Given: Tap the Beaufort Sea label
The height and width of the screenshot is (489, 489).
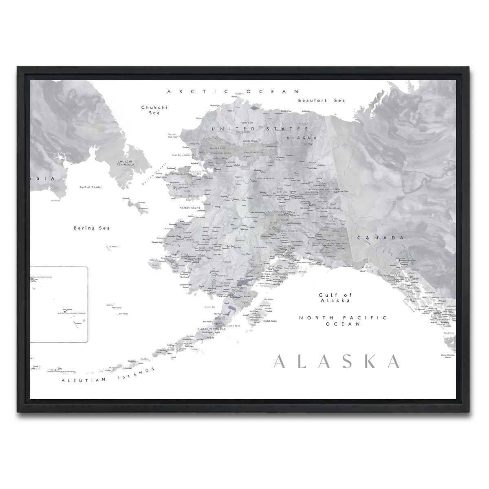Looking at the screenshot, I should [321, 100].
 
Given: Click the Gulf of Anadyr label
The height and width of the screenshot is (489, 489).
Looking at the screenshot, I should [90, 187].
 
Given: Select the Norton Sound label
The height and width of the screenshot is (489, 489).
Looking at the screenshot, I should [189, 208].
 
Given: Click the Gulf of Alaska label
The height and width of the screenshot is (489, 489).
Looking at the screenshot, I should [335, 297].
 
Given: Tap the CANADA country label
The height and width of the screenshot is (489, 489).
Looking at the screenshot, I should [380, 238].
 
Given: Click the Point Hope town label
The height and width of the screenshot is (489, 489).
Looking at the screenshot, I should [173, 137].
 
